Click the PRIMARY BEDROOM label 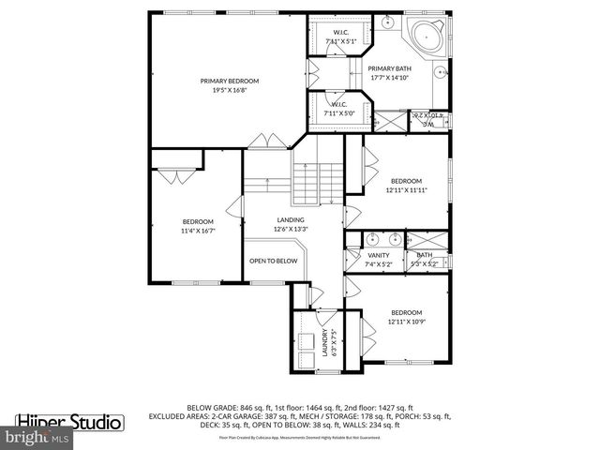tap(229, 82)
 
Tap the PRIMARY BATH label tap(388, 68)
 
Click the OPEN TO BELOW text tap(273, 261)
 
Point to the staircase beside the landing tap(315, 182)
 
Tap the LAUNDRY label tap(325, 342)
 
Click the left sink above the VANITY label tap(371, 238)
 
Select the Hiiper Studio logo tap(69, 422)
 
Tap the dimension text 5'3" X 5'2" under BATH tap(424, 263)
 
